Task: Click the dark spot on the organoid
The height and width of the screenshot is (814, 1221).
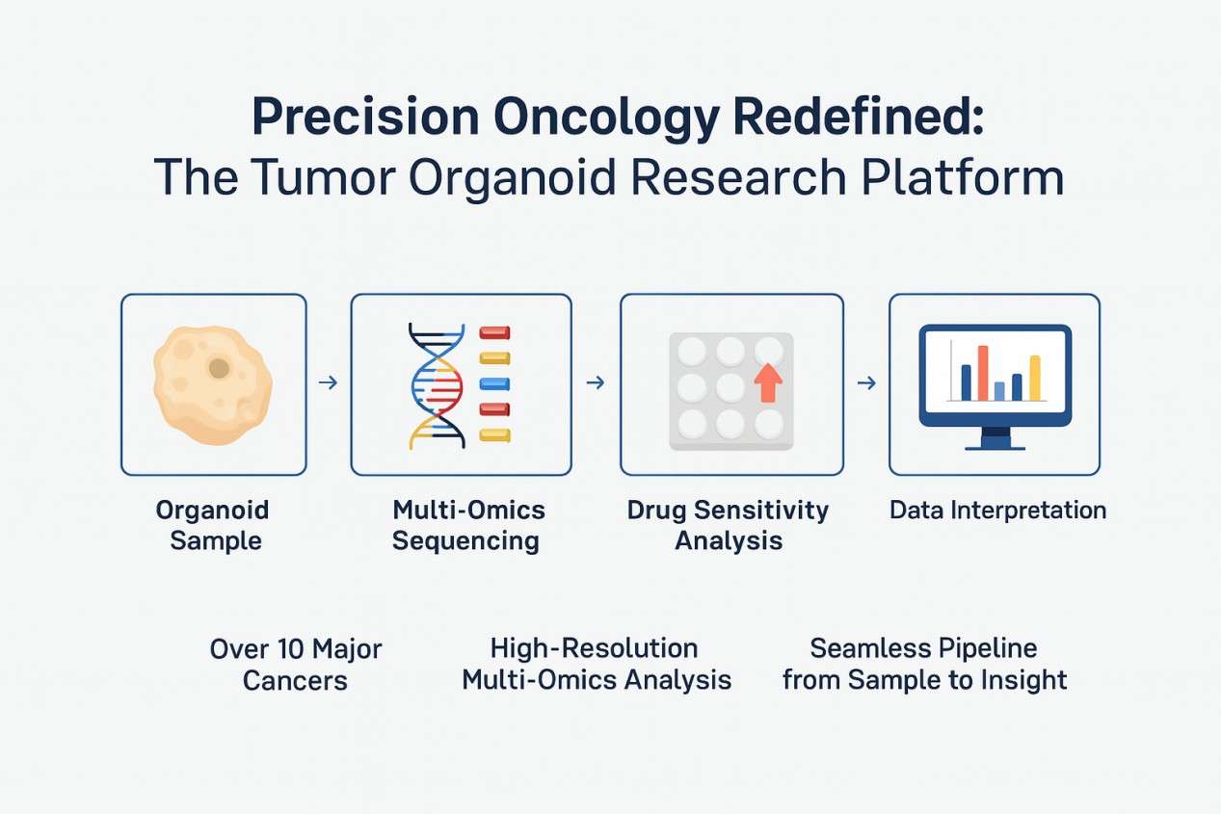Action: coord(219,367)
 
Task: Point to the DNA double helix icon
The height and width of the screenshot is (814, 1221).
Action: coord(438,385)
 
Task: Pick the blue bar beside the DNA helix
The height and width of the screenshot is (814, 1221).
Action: coord(494,384)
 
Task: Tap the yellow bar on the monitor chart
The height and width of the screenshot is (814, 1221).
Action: coord(1035,378)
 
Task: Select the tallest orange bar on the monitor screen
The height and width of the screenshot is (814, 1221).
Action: coord(983,373)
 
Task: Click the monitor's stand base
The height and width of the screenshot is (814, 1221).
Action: coord(995,444)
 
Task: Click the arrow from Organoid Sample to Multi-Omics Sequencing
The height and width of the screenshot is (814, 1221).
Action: coord(328,383)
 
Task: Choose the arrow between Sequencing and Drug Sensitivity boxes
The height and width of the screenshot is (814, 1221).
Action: coord(596,383)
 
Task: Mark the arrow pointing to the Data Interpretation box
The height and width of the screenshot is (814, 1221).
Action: coord(866,383)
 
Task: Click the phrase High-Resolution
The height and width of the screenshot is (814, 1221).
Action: coord(594,647)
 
